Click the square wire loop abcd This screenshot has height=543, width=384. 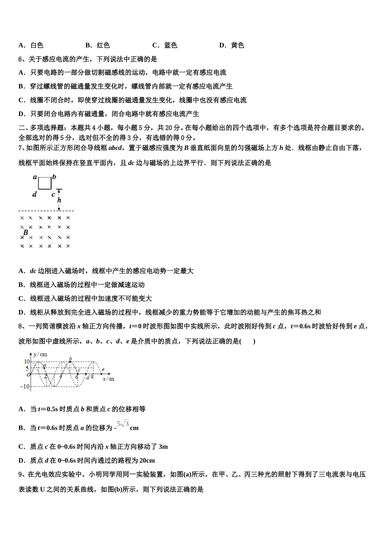tap(45, 183)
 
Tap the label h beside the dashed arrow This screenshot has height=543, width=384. tap(59, 200)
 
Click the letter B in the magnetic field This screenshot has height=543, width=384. tap(26, 233)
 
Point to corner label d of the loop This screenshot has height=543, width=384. tap(35, 194)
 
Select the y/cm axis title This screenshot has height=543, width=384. tap(40, 354)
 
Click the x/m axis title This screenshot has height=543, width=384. tap(108, 379)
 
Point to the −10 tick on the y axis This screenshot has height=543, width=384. tap(25, 387)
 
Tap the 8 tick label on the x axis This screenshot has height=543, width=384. tap(92, 377)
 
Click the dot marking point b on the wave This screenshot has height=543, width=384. tap(70, 362)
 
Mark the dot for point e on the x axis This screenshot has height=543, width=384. tap(100, 374)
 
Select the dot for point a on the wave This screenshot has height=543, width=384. tap(44, 368)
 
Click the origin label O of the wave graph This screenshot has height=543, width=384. tap(29, 375)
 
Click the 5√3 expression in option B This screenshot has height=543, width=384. tap(123, 424)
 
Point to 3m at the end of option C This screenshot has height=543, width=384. tap(163, 447)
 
